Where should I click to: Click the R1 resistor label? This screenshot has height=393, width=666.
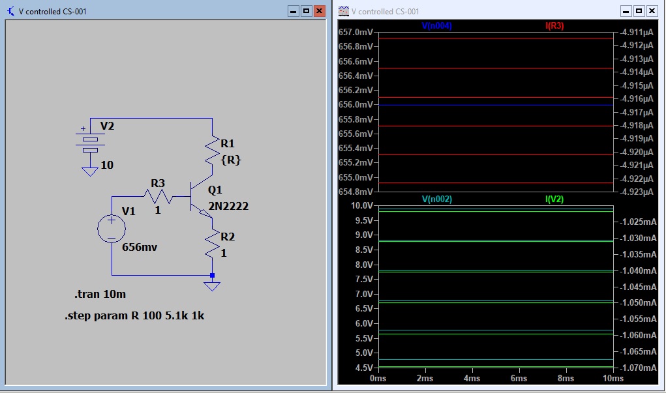(x=228, y=143)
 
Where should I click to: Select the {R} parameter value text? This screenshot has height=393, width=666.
(x=231, y=160)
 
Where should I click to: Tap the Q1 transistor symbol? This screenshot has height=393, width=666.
(x=200, y=197)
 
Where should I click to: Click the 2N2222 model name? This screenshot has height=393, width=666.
(x=228, y=206)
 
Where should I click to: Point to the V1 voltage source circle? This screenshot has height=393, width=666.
(x=112, y=229)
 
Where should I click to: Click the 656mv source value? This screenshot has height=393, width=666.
(x=140, y=247)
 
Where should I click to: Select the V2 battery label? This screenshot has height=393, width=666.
(x=107, y=126)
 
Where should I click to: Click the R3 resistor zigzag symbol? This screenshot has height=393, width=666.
(x=158, y=197)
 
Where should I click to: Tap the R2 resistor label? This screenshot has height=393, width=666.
(x=228, y=237)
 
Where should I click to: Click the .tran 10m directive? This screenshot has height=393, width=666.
(x=100, y=294)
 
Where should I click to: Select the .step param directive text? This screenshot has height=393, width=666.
(x=134, y=315)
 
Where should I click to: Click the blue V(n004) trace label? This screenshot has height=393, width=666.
(x=436, y=25)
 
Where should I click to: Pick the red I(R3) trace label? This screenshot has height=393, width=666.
(x=554, y=25)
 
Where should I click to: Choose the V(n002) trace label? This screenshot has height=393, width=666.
(x=436, y=199)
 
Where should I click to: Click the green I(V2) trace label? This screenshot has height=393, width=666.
(x=554, y=199)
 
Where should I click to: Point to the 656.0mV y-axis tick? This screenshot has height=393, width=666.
(x=356, y=104)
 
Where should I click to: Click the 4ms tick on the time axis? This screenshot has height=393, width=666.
(x=472, y=378)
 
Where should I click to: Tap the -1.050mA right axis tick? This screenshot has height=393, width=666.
(x=638, y=302)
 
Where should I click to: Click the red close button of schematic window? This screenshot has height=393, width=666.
(x=320, y=11)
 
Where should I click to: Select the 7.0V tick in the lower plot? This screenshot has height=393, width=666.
(x=364, y=294)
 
